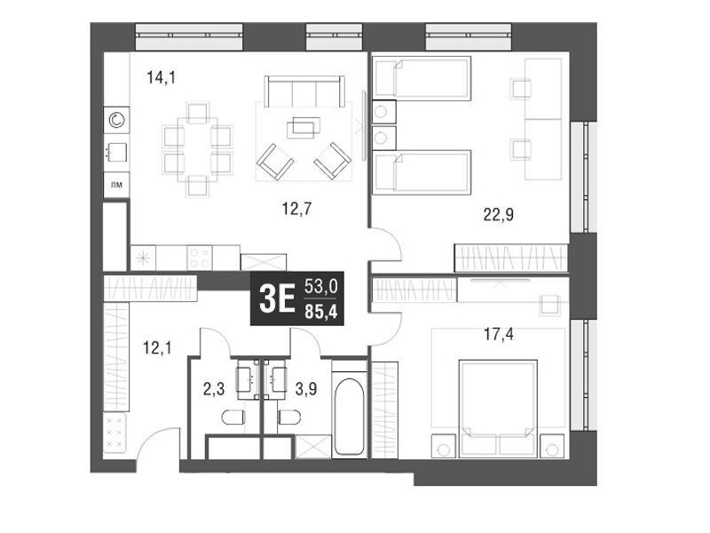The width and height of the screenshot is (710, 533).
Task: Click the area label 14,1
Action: (x=162, y=78)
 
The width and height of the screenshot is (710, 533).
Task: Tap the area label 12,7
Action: (x=296, y=209)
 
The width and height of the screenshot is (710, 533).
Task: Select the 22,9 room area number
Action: (x=499, y=214)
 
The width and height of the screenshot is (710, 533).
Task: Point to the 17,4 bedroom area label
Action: (x=499, y=335)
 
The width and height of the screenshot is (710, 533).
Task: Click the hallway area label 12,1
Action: (x=157, y=348)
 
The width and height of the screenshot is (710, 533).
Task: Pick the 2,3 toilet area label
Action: (x=214, y=389)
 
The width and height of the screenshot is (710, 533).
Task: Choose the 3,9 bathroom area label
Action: (x=306, y=389)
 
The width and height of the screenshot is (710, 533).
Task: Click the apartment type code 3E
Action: (x=277, y=299)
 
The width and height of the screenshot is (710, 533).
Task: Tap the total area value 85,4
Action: (x=321, y=312)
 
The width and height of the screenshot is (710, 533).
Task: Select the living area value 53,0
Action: (x=321, y=286)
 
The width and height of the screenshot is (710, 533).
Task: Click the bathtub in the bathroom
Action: (x=349, y=417)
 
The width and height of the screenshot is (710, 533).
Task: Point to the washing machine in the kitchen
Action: (x=116, y=120)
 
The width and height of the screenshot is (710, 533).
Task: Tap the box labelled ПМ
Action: (x=116, y=185)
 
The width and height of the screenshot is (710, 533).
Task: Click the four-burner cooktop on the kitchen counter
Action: (x=200, y=258)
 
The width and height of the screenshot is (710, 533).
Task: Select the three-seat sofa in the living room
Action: (x=304, y=91)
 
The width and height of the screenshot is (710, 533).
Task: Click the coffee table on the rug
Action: (x=304, y=127)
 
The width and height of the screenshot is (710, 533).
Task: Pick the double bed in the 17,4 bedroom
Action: (x=498, y=409)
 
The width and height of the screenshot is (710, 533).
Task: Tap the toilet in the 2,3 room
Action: (x=233, y=418)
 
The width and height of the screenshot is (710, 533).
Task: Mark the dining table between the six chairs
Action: (x=197, y=149)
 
